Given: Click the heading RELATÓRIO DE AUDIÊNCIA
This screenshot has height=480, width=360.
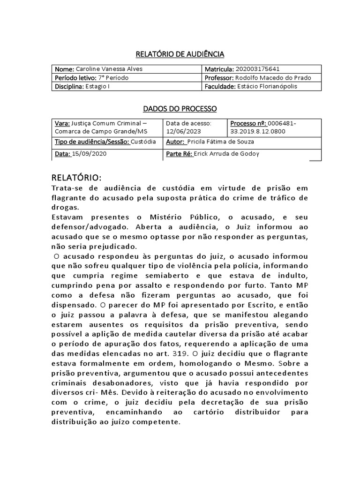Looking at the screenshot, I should [180, 54].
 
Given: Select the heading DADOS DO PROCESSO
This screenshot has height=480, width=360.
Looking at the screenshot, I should [180, 109].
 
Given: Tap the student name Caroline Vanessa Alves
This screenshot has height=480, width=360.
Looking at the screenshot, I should [109, 69].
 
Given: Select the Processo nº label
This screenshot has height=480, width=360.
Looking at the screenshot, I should [248, 123].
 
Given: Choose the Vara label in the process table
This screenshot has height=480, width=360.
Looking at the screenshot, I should [62, 123].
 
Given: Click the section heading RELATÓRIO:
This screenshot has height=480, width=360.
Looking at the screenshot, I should [75, 178].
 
